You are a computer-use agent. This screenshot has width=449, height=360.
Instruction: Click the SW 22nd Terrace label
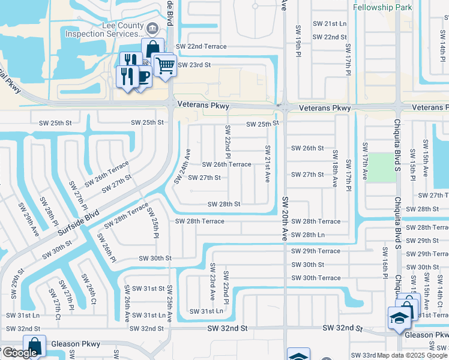(201, 47)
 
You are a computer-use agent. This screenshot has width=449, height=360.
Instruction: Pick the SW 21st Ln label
(330, 23)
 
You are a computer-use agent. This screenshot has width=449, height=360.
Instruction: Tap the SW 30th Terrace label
(316, 278)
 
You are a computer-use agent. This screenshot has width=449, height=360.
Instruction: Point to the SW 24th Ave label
(182, 166)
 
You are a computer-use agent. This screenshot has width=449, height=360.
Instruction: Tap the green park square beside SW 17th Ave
(378, 167)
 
